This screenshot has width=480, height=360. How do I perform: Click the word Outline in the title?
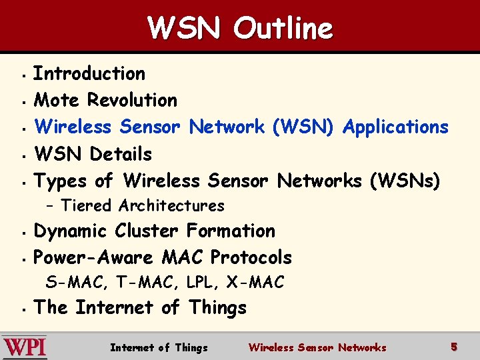pos(283,28)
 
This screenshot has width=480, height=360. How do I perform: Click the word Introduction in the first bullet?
pos(89,73)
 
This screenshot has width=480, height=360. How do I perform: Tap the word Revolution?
pos(132,100)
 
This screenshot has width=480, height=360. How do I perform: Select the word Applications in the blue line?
pos(395,127)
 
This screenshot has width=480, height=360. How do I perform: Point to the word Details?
pos(121,154)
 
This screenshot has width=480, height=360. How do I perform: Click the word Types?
pos(61,181)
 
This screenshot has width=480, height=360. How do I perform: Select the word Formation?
pos(231,231)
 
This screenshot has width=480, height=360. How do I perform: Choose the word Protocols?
pos(251,257)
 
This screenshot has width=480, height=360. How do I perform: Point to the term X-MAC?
pos(255,283)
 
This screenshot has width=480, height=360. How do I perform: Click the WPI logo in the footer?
pos(25,347)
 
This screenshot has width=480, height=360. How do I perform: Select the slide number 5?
pos(454,347)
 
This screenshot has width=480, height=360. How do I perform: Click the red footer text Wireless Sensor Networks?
pos(317,347)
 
